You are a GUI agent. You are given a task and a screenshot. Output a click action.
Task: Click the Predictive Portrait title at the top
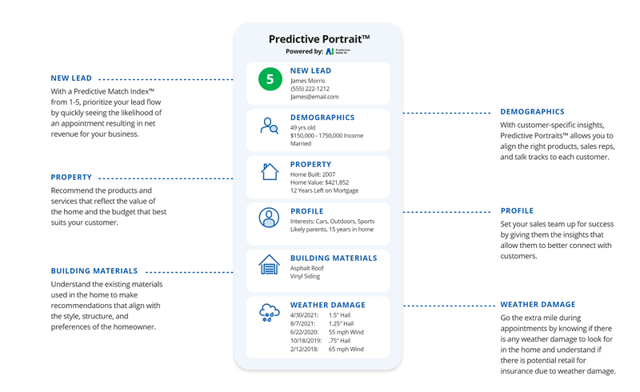(x=318, y=38)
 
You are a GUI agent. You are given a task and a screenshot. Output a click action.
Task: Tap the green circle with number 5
(x=270, y=80)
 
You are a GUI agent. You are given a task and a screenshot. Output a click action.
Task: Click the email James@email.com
(x=314, y=97)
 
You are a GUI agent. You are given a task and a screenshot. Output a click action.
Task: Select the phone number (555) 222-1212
(x=310, y=89)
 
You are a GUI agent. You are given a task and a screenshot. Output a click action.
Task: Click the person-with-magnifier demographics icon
(x=270, y=126)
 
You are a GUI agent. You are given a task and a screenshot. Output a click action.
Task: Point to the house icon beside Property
(x=270, y=171)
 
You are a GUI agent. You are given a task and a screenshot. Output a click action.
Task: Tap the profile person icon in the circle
(x=270, y=218)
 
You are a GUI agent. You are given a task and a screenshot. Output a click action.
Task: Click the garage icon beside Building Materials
(x=270, y=265)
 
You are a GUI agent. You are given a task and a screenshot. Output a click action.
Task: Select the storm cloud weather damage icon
(x=270, y=314)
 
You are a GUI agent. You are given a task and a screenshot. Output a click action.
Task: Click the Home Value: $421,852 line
(x=319, y=182)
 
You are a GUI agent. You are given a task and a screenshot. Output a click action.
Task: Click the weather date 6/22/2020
(x=305, y=332)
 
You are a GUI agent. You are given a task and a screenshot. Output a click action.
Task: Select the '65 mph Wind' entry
(x=346, y=349)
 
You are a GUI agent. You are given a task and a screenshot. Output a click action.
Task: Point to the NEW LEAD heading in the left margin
(x=71, y=78)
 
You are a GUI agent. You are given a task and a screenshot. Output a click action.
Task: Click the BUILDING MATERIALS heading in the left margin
(x=94, y=271)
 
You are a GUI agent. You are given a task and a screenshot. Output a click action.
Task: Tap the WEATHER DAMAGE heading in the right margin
(x=538, y=305)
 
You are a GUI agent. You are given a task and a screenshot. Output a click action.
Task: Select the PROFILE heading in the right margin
(x=517, y=211)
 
